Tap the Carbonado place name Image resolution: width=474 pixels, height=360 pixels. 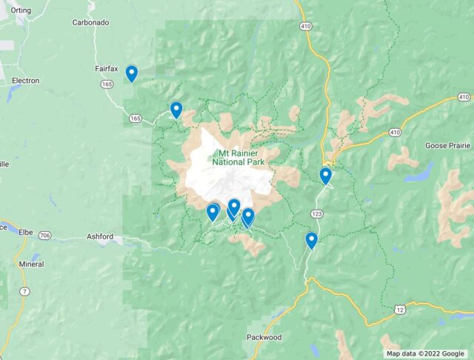point(91,22)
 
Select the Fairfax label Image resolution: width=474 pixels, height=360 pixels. point(106,69)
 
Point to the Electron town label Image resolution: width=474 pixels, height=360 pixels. point(25,80)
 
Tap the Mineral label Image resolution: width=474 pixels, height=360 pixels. point(31,263)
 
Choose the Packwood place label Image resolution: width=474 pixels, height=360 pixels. point(264,337)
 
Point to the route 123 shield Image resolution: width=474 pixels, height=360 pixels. point(316,213)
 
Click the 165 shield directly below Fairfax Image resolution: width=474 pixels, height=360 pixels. point(108,84)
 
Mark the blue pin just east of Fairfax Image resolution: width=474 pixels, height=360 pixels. point(131,73)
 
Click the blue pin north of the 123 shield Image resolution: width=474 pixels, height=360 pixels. point(325,176)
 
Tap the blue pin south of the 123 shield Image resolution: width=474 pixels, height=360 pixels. point(312,240)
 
